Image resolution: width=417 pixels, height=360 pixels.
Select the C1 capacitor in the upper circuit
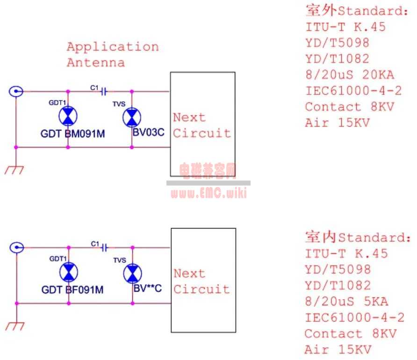pos(104,92)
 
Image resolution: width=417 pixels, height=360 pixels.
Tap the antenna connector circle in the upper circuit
pos(16,92)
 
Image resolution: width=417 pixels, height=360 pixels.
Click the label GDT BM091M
pos(73,134)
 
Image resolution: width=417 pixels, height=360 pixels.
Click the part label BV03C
pos(149,132)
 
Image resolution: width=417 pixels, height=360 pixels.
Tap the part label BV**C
pos(148,288)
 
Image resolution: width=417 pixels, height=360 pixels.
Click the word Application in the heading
pos(113,47)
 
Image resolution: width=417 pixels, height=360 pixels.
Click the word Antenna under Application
pos(96,63)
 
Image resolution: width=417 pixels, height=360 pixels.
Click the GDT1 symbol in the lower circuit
pos(69,272)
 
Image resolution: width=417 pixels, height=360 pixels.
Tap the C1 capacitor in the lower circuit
pos(105,246)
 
